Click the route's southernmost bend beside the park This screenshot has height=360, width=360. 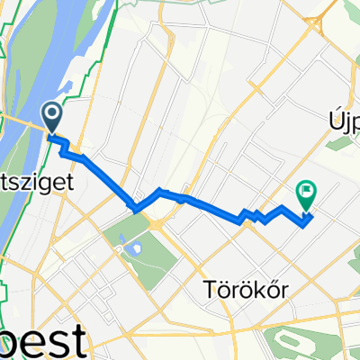click(x=134, y=210)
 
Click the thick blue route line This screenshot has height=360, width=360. click(x=216, y=206)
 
